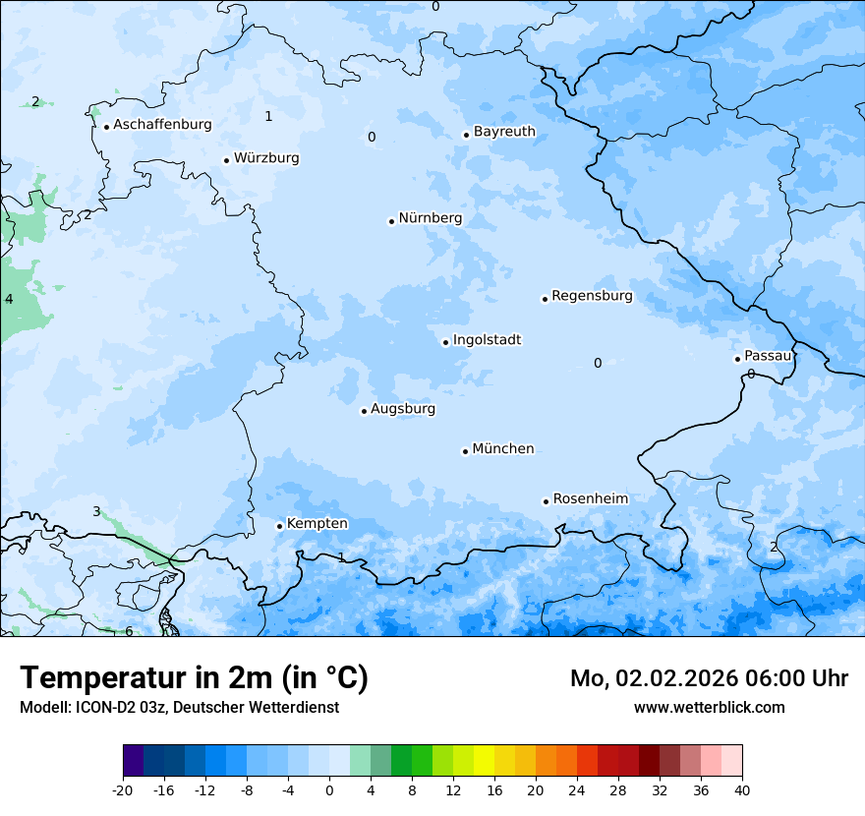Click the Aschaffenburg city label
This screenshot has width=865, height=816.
click(x=162, y=125)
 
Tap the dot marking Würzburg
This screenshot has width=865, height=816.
click(x=226, y=160)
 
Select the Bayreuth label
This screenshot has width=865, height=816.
click(x=504, y=132)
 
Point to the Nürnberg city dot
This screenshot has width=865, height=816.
click(x=391, y=221)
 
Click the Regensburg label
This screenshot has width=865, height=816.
click(x=592, y=296)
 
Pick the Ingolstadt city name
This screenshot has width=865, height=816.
click(x=487, y=340)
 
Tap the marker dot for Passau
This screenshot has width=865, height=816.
click(x=737, y=359)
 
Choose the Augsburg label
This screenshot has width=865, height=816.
click(x=403, y=409)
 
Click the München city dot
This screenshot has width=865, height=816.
click(x=465, y=451)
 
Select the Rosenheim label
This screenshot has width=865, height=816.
click(x=590, y=499)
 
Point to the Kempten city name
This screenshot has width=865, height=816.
click(x=317, y=524)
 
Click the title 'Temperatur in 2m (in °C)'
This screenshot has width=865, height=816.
click(x=194, y=678)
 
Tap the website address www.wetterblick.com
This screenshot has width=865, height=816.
click(x=709, y=708)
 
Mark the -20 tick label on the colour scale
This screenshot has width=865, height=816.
click(x=123, y=790)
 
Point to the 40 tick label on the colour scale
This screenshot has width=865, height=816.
click(x=741, y=790)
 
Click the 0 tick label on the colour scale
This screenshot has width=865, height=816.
click(x=329, y=790)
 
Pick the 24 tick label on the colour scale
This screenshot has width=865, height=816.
click(x=576, y=790)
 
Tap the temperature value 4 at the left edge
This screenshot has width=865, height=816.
click(x=9, y=299)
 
